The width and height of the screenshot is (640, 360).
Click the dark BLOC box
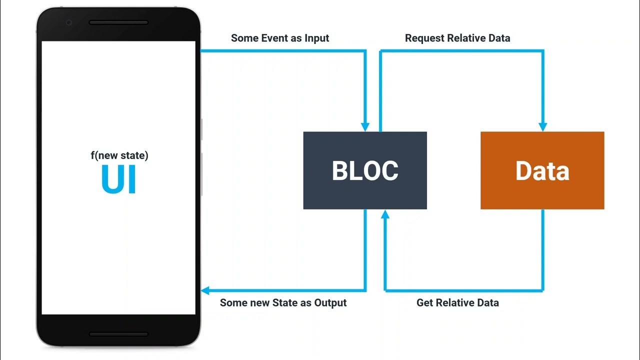[x=365, y=150]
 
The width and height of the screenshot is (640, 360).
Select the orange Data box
[x=542, y=150]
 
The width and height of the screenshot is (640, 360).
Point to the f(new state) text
[x=119, y=155]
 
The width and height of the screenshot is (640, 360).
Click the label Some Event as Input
[x=280, y=38]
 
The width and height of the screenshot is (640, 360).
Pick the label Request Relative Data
[x=457, y=38]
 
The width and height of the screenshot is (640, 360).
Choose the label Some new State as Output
[x=283, y=302]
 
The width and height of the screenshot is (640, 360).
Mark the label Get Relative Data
[x=457, y=302]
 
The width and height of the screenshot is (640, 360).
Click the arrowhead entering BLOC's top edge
[x=365, y=127]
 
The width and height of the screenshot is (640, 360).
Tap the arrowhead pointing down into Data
[x=543, y=127]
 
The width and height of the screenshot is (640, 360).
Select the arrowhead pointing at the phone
[x=205, y=290]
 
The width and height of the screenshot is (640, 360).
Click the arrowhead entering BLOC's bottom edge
[x=384, y=214]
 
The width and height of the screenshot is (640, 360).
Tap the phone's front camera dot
[x=69, y=22]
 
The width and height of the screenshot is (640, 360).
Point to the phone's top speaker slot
[x=118, y=22]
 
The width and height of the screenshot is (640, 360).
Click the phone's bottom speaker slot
[x=118, y=334]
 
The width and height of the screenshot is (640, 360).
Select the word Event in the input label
[x=273, y=38]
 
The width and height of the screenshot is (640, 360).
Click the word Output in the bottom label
[x=330, y=302]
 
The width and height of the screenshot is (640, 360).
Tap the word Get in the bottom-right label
[x=425, y=302]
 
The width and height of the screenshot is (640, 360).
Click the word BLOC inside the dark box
[x=365, y=171]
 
